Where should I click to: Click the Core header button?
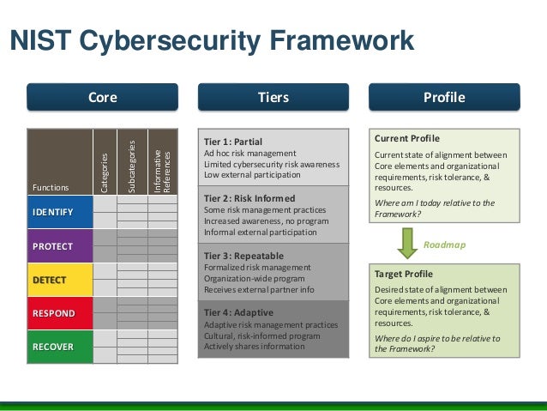click(x=102, y=97)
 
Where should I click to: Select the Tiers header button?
click(x=273, y=97)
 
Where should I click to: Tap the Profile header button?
click(x=444, y=97)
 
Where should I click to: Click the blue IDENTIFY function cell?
click(x=60, y=212)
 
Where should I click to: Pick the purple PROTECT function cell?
click(x=60, y=245)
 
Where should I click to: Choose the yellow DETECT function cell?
click(x=60, y=280)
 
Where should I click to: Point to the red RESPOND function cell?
click(x=60, y=313)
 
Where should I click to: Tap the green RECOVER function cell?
click(x=60, y=347)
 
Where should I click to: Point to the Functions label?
click(x=47, y=186)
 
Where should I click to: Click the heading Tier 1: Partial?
click(x=233, y=141)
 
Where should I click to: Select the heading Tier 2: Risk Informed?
click(x=247, y=197)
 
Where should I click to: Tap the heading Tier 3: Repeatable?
click(x=240, y=254)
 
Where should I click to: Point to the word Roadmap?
click(x=445, y=245)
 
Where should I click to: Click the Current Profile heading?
click(x=408, y=138)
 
